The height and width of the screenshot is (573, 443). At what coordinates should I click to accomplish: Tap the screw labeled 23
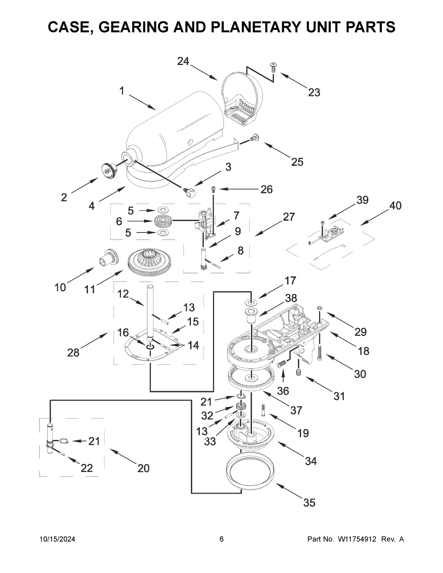(x=274, y=67)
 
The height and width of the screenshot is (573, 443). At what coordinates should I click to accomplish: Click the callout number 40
(x=395, y=206)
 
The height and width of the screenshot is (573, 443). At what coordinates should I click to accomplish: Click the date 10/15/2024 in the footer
(x=57, y=539)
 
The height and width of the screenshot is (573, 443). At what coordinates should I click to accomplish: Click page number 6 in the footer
(x=221, y=539)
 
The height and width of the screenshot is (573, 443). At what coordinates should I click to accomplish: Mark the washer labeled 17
(x=251, y=303)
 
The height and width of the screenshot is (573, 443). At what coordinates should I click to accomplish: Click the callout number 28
(x=73, y=353)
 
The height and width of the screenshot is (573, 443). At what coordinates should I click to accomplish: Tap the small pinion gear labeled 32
(x=241, y=408)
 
